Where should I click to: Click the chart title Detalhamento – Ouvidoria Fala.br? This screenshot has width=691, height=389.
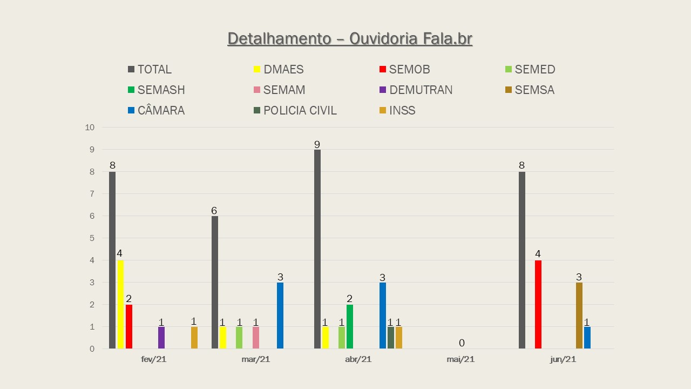click(x=350, y=39)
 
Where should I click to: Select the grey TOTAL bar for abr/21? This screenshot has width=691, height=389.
click(x=317, y=249)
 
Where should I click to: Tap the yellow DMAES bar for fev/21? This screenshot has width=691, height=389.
click(x=120, y=304)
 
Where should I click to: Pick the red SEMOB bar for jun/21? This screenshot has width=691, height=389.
click(x=538, y=304)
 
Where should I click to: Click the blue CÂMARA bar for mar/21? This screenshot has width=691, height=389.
click(x=280, y=316)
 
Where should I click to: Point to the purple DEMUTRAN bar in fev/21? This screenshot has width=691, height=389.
click(x=161, y=338)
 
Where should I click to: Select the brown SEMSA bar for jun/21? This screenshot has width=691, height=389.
click(x=579, y=316)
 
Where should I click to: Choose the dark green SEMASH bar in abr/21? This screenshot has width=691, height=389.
click(x=350, y=326)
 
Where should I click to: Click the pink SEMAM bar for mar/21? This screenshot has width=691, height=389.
click(x=256, y=338)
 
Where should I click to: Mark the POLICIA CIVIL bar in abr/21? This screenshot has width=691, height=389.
click(x=391, y=338)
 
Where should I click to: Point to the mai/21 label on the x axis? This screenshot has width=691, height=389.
click(x=460, y=359)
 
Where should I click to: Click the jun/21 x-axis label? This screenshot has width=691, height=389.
click(x=563, y=359)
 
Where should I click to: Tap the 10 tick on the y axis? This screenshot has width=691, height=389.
click(x=90, y=128)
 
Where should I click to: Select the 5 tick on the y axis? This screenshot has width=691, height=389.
click(x=92, y=238)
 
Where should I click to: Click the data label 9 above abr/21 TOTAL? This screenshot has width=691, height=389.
click(x=317, y=144)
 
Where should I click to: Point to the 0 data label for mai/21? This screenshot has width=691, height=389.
click(x=462, y=343)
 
